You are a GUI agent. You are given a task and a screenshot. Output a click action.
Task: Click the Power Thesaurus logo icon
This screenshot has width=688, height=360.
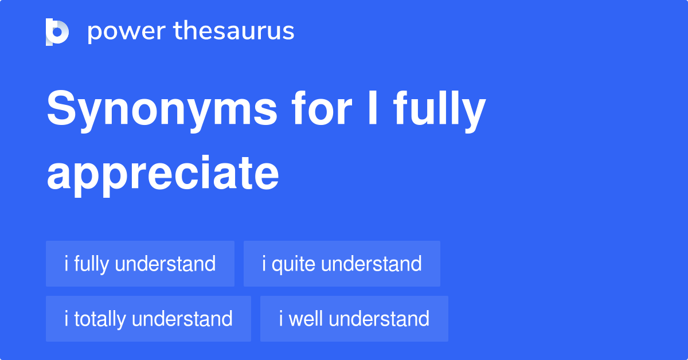click(57, 32)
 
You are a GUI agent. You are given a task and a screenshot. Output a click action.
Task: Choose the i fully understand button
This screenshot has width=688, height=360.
click(140, 264)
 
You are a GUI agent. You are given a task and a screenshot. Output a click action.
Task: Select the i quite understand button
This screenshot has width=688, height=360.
click(342, 264)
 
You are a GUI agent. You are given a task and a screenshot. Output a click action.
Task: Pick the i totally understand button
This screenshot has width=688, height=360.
click(148, 319)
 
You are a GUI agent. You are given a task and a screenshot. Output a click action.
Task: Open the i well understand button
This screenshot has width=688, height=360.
click(354, 319)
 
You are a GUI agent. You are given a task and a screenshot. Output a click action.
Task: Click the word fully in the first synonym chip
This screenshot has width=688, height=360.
click(91, 264)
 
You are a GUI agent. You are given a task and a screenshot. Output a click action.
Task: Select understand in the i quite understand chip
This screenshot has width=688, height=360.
click(372, 264)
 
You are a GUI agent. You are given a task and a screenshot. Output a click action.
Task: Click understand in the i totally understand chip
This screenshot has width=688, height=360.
click(182, 319)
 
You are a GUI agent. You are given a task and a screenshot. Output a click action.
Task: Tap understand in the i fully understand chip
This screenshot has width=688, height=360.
click(165, 264)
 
